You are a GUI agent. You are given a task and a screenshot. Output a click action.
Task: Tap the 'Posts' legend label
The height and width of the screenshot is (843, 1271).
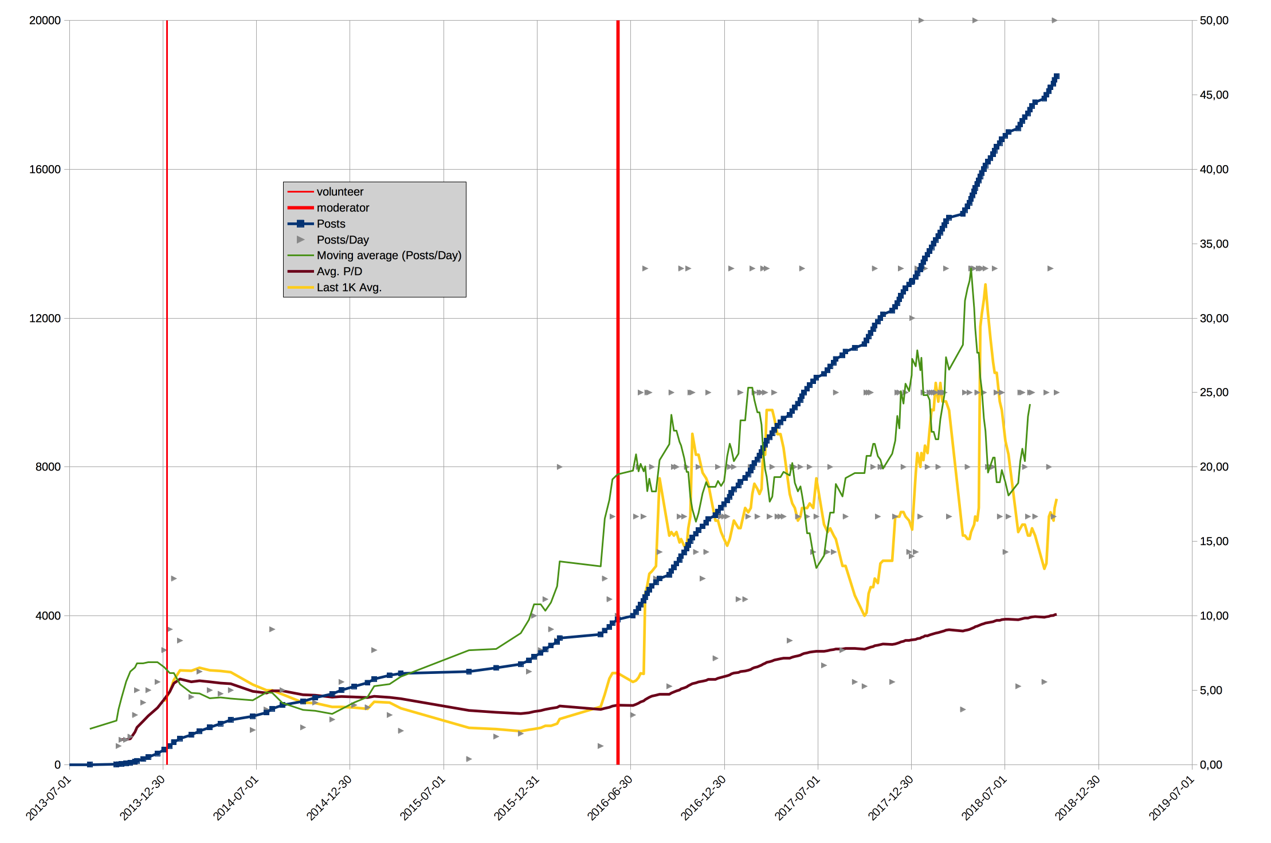click(x=331, y=224)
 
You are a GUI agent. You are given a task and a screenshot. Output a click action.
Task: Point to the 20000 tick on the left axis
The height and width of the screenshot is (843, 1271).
click(x=45, y=21)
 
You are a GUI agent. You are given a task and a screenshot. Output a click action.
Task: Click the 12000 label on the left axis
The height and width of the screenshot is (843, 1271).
click(x=45, y=318)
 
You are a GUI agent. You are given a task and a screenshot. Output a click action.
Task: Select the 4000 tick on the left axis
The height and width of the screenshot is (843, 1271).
click(x=48, y=615)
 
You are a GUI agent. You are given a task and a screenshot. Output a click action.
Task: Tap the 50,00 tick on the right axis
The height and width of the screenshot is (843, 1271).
click(x=1214, y=21)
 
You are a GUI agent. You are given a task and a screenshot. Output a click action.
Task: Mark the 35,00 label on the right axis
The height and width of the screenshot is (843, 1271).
click(x=1214, y=244)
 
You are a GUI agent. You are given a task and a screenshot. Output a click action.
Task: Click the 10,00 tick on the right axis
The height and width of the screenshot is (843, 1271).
click(x=1214, y=615)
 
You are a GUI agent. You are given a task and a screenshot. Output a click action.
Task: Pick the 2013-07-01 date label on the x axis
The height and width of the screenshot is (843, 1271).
click(x=49, y=798)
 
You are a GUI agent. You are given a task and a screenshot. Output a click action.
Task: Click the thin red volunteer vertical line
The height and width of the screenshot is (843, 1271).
click(x=167, y=393)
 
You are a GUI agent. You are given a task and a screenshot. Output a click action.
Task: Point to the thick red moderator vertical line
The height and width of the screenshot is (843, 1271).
click(x=618, y=393)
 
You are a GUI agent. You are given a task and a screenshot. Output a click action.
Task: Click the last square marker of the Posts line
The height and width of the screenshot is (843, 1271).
click(x=1057, y=76)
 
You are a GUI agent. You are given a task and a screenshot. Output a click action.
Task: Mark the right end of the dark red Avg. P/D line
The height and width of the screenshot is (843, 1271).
click(x=1056, y=614)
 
